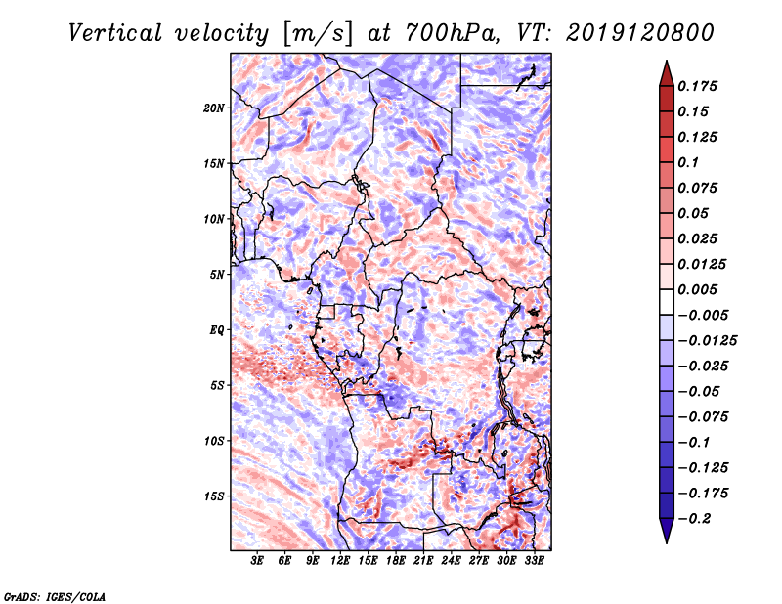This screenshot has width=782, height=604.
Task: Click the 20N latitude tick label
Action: pyautogui.click(x=214, y=108)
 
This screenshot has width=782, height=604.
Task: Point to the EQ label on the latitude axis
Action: pyautogui.click(x=217, y=329)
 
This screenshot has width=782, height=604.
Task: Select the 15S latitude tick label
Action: pyautogui.click(x=214, y=496)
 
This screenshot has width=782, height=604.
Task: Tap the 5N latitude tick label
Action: pyautogui.click(x=217, y=274)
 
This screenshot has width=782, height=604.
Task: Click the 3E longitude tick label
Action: pyautogui.click(x=258, y=562)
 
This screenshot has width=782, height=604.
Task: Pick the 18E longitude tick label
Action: pyautogui.click(x=396, y=562)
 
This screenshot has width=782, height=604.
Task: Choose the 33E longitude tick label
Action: pyautogui.click(x=535, y=562)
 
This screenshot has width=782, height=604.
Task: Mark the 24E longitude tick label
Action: pyautogui.click(x=452, y=562)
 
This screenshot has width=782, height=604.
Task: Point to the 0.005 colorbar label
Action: pyautogui.click(x=700, y=289)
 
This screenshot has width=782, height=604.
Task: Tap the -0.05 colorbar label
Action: pyautogui.click(x=698, y=391)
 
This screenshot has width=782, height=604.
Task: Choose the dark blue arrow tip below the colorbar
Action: pyautogui.click(x=665, y=535)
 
